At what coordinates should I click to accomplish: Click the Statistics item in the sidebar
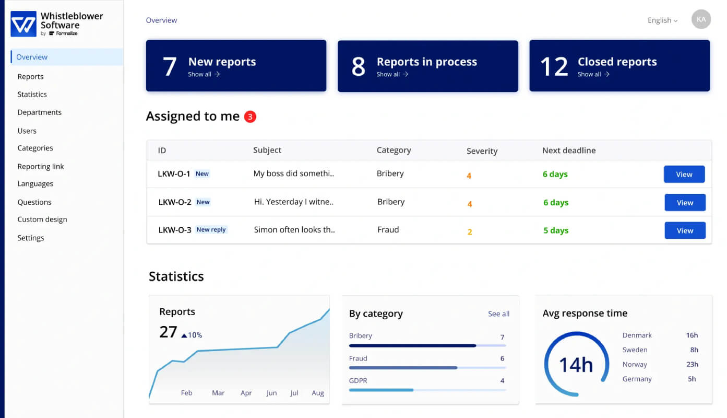click(x=32, y=94)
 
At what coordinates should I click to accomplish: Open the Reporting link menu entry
click(x=41, y=167)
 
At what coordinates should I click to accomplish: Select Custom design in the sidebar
click(x=42, y=219)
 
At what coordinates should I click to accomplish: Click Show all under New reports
click(x=204, y=74)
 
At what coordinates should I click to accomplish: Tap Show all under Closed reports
click(x=593, y=74)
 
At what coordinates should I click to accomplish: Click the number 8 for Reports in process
click(x=359, y=67)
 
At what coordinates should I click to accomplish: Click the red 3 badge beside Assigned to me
click(x=250, y=117)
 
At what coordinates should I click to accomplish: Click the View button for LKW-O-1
click(x=684, y=174)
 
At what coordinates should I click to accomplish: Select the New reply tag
click(x=211, y=229)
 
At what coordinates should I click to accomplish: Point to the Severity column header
click(x=482, y=151)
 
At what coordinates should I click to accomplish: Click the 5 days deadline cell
click(x=556, y=230)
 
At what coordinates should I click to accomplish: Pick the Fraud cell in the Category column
click(x=388, y=229)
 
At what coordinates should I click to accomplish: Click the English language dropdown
click(x=662, y=20)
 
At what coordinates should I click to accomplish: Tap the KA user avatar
click(x=701, y=19)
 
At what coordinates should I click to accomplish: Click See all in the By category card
click(x=498, y=313)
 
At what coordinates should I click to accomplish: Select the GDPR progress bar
click(x=427, y=390)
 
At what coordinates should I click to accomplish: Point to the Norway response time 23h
click(x=692, y=364)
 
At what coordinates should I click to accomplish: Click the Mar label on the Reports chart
click(x=218, y=393)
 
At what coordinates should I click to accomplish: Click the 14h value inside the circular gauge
click(x=576, y=365)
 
